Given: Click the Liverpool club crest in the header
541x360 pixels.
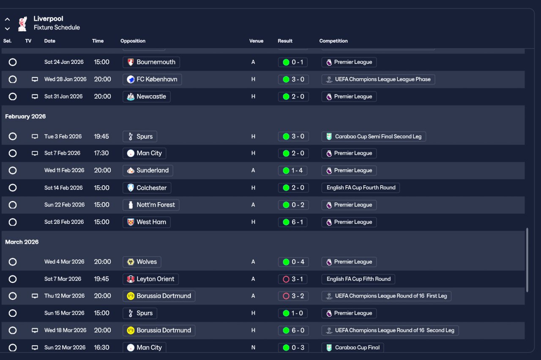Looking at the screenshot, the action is pyautogui.click(x=22, y=24).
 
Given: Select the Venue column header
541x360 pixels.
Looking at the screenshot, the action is pyautogui.click(x=256, y=41).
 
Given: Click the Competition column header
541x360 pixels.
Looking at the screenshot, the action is pyautogui.click(x=333, y=41).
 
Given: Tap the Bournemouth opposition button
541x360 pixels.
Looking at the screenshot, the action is pyautogui.click(x=151, y=62).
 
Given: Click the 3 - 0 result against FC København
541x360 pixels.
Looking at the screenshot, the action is pyautogui.click(x=293, y=79).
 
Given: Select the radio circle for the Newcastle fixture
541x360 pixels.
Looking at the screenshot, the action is pyautogui.click(x=13, y=96).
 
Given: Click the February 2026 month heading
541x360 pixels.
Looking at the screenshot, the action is pyautogui.click(x=25, y=116).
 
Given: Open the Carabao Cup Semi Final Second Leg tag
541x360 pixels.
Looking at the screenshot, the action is pyautogui.click(x=374, y=136).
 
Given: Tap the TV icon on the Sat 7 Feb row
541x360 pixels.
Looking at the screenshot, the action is pyautogui.click(x=35, y=153).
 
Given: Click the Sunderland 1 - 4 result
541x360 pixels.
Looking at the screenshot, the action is pyautogui.click(x=292, y=170).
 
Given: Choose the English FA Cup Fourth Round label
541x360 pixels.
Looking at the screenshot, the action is pyautogui.click(x=361, y=188).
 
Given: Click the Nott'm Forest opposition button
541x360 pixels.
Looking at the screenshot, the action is pyautogui.click(x=151, y=205).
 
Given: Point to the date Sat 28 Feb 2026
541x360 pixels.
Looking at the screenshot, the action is pyautogui.click(x=64, y=222).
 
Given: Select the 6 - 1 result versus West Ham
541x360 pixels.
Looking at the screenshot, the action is pyautogui.click(x=292, y=222).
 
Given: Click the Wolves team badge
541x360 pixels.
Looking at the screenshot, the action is pyautogui.click(x=131, y=262).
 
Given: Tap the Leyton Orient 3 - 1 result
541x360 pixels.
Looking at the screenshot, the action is pyautogui.click(x=292, y=279).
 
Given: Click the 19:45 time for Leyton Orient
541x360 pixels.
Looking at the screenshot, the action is pyautogui.click(x=101, y=279).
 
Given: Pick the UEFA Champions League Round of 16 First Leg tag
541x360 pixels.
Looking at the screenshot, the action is pyautogui.click(x=386, y=296).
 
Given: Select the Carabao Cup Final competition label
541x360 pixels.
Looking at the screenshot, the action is pyautogui.click(x=352, y=347).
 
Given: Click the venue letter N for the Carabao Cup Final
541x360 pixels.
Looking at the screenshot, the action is pyautogui.click(x=253, y=347).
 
